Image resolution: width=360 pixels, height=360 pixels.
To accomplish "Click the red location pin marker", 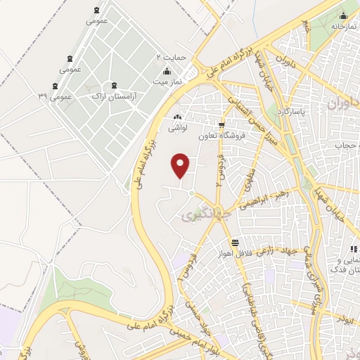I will pos(181,165).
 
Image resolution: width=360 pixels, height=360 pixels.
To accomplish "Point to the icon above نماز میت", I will pos(167,71).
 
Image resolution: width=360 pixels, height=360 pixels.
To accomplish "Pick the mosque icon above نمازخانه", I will pos(343,16).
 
